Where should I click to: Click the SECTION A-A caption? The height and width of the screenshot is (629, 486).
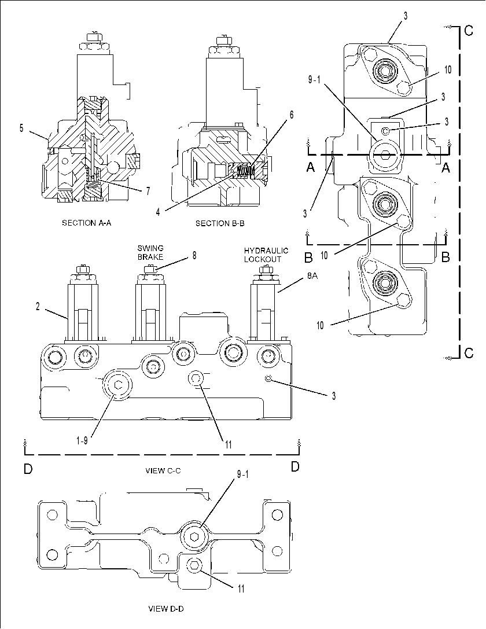(x=87, y=223)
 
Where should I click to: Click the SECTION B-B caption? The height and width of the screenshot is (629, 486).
(x=220, y=223)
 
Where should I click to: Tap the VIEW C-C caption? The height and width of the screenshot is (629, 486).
(x=163, y=470)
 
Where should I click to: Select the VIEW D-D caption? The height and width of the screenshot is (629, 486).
(x=166, y=609)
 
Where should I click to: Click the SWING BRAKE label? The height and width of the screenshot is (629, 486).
(x=150, y=253)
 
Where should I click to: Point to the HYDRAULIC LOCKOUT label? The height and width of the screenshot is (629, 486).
(x=266, y=255)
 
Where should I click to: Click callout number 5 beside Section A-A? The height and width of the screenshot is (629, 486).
(x=21, y=128)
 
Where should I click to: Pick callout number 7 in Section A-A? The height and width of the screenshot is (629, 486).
(x=148, y=191)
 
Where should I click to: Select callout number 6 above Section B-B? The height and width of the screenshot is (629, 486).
(x=292, y=115)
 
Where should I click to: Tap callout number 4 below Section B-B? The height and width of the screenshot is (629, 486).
(x=158, y=212)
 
